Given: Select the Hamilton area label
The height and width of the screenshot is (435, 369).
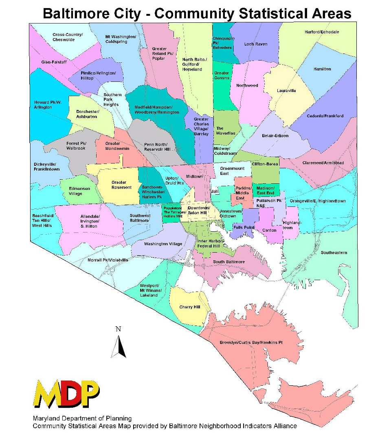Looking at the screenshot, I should coord(322,69).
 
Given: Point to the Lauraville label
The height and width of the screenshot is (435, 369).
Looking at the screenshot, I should coord(286,90).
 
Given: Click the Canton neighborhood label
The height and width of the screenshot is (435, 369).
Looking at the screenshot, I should coord(269,230).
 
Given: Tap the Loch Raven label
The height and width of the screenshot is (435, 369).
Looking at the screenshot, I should coord(255,44).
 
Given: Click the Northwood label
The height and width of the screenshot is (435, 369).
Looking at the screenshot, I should coord(247,86).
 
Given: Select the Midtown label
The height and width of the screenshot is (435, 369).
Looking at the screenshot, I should coord(194,177).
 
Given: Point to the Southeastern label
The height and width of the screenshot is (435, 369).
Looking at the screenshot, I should coord(334,253).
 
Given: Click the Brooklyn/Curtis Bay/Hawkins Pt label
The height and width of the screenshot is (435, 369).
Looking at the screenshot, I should coord(251,343).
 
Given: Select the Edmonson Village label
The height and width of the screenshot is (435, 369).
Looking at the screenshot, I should coord(75,191).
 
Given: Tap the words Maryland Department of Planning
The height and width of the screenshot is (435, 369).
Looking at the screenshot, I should coord(82,418).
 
